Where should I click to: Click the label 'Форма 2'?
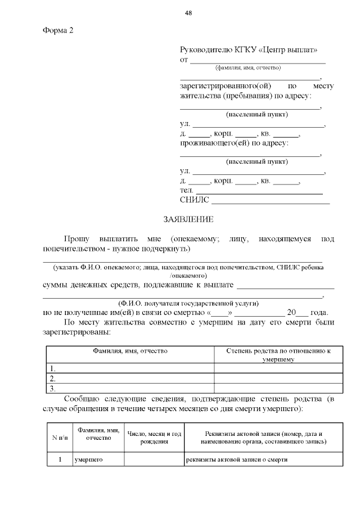click(58, 30)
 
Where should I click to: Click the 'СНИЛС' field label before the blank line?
click(194, 200)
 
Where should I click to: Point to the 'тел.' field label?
click(187, 191)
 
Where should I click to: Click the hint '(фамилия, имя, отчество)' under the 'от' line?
click(248, 67)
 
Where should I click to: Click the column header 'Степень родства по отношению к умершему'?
click(278, 354)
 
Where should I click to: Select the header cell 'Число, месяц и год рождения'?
click(154, 437)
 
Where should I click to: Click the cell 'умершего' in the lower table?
click(91, 460)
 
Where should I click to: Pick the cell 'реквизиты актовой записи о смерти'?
click(237, 460)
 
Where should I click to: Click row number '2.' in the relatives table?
click(52, 378)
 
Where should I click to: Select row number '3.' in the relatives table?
click(52, 388)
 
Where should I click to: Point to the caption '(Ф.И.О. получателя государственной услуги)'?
click(184, 303)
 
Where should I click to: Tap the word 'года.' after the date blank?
click(318, 313)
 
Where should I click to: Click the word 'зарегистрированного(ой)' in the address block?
click(226, 86)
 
